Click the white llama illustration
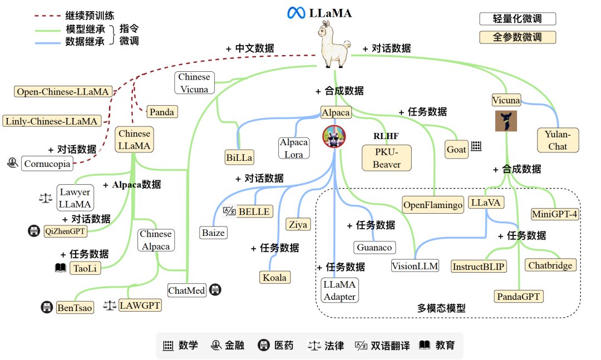(334, 47)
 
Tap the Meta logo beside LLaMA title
(294, 13)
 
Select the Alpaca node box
(336, 112)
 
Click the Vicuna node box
(506, 100)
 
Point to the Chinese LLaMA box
(134, 140)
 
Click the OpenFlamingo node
(433, 205)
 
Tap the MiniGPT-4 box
(554, 213)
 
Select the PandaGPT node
(518, 295)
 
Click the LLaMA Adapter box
(339, 290)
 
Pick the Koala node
(275, 277)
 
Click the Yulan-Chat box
(558, 140)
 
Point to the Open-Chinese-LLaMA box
(62, 92)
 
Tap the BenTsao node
(75, 307)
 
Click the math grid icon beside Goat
(476, 147)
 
